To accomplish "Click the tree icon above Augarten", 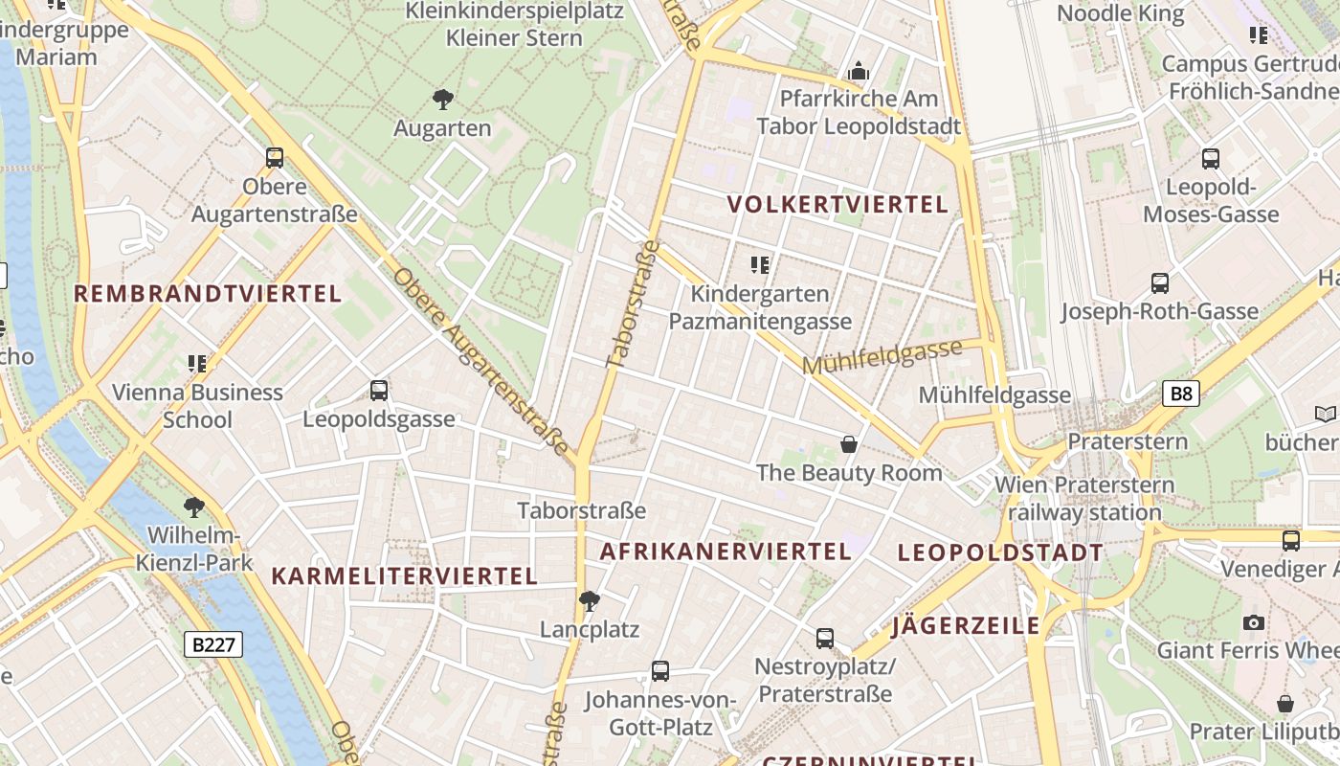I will [x=442, y=99].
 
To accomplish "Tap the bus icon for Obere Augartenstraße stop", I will [x=275, y=158].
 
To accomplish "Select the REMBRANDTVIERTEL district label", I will [x=208, y=294].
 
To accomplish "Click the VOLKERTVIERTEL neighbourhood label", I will [x=837, y=204].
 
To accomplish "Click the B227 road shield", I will [x=212, y=644].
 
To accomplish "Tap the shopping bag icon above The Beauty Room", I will [x=848, y=444].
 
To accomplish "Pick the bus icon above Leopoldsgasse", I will [x=379, y=391].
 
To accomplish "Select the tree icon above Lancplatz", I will [x=590, y=601].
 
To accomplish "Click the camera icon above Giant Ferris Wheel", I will [x=1253, y=622].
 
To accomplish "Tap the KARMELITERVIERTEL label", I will [x=404, y=575].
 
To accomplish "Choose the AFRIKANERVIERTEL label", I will [x=725, y=552].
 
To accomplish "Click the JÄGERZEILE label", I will [x=965, y=626].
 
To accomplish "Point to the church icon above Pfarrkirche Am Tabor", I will [x=859, y=71].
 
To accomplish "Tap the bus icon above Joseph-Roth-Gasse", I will [x=1160, y=283].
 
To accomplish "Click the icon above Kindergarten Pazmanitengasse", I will [x=760, y=265].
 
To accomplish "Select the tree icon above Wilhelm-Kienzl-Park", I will [x=194, y=507].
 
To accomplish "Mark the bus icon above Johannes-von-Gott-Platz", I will [x=659, y=671].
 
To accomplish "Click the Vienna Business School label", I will [x=197, y=405].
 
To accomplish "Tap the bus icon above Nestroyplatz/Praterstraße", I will [x=825, y=638].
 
